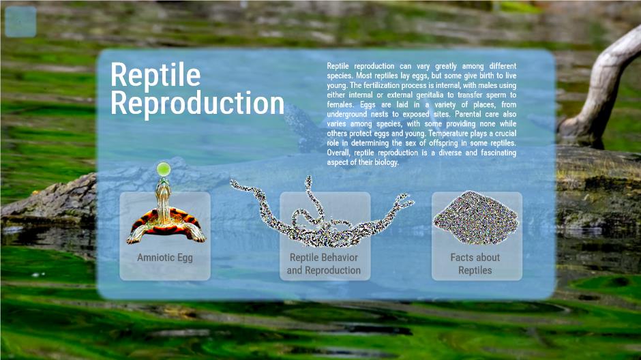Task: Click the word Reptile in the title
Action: click(x=155, y=75)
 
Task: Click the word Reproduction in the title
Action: click(x=198, y=104)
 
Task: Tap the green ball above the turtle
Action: click(x=164, y=169)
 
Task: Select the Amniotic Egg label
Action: click(x=165, y=258)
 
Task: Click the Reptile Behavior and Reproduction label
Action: click(x=324, y=264)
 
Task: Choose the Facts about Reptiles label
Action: click(x=475, y=264)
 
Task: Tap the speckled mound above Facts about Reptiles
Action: click(x=476, y=217)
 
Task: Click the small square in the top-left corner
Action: click(x=20, y=22)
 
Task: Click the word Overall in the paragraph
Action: click(x=339, y=153)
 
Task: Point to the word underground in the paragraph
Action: click(x=346, y=115)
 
